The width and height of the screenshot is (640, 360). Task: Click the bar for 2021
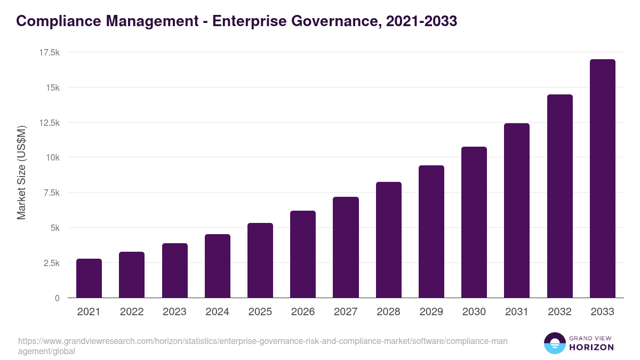[x=89, y=278]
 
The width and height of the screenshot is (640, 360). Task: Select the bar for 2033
[x=602, y=179]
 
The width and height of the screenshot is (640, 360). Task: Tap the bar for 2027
[x=346, y=247]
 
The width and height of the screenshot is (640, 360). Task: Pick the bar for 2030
[x=474, y=222]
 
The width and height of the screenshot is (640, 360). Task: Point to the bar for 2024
[x=218, y=266]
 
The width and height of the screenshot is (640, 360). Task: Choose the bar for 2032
[x=559, y=196]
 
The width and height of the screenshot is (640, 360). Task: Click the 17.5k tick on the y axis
[x=49, y=52]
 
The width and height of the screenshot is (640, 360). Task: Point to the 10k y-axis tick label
[x=52, y=157]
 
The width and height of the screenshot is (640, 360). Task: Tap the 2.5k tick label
[x=51, y=263]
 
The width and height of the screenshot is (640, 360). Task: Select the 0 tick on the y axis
[x=57, y=298]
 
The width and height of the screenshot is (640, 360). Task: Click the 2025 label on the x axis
[x=260, y=312]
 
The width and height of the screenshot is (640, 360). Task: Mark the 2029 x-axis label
[x=431, y=312]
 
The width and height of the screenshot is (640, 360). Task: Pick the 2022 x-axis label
[x=132, y=312]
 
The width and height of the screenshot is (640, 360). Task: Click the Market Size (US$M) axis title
[x=21, y=173]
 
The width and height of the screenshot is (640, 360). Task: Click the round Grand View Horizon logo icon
[x=555, y=343]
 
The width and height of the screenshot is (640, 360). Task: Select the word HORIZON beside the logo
[x=591, y=347]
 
